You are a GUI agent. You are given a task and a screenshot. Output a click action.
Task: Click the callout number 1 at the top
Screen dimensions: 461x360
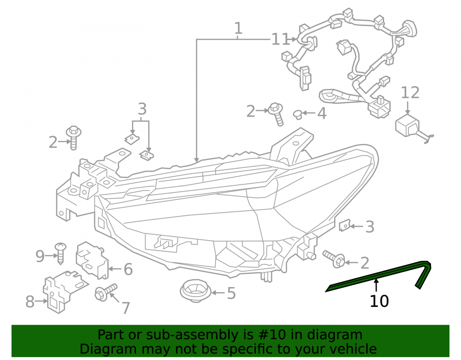click(x=238, y=29)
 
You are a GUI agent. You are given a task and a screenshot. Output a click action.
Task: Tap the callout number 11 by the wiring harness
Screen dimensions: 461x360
click(x=280, y=39)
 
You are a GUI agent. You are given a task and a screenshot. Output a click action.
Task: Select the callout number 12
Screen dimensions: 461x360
click(x=410, y=93)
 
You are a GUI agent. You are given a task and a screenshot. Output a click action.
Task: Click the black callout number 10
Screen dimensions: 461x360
click(x=379, y=301)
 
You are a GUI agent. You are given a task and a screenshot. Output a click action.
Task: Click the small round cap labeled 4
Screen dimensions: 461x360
click(x=298, y=114)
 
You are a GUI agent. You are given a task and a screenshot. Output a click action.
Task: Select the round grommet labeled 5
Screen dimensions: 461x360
click(x=195, y=291)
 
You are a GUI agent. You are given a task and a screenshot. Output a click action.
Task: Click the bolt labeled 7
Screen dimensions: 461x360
click(x=106, y=292)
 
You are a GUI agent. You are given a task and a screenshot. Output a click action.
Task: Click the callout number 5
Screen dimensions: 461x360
click(x=231, y=293)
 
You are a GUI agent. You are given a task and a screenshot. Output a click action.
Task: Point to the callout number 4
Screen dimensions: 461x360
click(x=322, y=113)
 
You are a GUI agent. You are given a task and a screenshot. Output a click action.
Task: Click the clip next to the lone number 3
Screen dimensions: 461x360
click(x=344, y=226)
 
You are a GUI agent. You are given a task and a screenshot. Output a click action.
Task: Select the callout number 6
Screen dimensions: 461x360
click(x=128, y=269)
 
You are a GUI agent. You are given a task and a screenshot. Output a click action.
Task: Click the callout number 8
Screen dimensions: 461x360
click(x=30, y=301)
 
